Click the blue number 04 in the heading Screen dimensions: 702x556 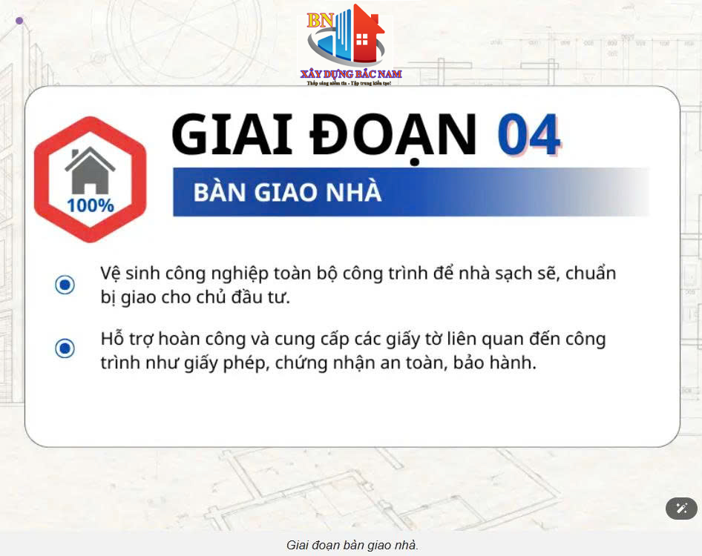(x=529, y=135)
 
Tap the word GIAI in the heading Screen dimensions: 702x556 (x=232, y=135)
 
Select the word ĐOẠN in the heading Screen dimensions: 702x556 (x=393, y=137)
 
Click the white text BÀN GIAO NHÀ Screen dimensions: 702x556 (x=287, y=192)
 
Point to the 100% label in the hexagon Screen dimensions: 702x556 (x=91, y=206)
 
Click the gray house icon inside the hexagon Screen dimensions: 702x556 (x=90, y=171)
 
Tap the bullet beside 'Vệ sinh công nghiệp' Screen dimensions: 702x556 (x=65, y=285)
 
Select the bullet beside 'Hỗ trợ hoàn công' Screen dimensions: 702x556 (x=65, y=348)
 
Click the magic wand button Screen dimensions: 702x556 (x=681, y=508)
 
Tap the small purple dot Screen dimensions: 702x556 (x=19, y=21)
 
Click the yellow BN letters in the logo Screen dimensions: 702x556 (x=320, y=21)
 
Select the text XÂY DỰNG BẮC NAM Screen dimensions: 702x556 (x=351, y=74)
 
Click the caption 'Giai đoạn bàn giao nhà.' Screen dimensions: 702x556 (x=352, y=546)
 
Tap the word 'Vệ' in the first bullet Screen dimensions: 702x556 (x=110, y=274)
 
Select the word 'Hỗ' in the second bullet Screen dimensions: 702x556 (x=112, y=339)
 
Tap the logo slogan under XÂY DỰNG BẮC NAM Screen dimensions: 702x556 (x=349, y=83)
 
